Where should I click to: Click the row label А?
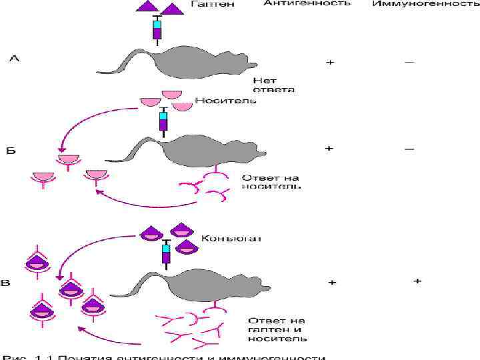[14, 59]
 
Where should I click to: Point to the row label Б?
[11, 151]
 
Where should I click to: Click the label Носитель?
[225, 101]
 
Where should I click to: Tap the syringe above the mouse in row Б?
[163, 122]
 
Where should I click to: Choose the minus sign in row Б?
[409, 148]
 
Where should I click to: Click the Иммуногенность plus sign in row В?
[417, 281]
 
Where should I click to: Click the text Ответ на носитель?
[271, 182]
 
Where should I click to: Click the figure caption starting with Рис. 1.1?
[167, 357]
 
